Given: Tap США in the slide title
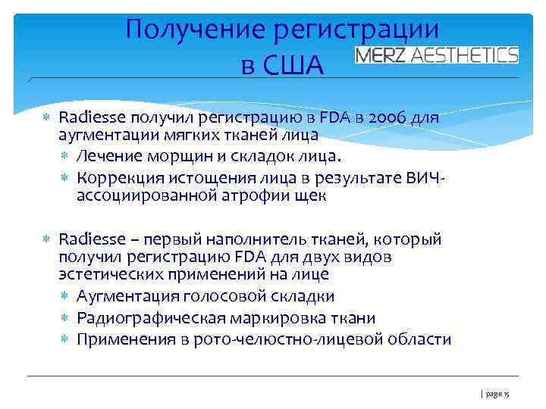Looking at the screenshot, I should click(293, 66).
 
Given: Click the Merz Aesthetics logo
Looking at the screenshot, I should click(437, 55).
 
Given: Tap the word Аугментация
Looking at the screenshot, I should click(124, 296).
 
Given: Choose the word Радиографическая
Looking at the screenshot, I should click(149, 317).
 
